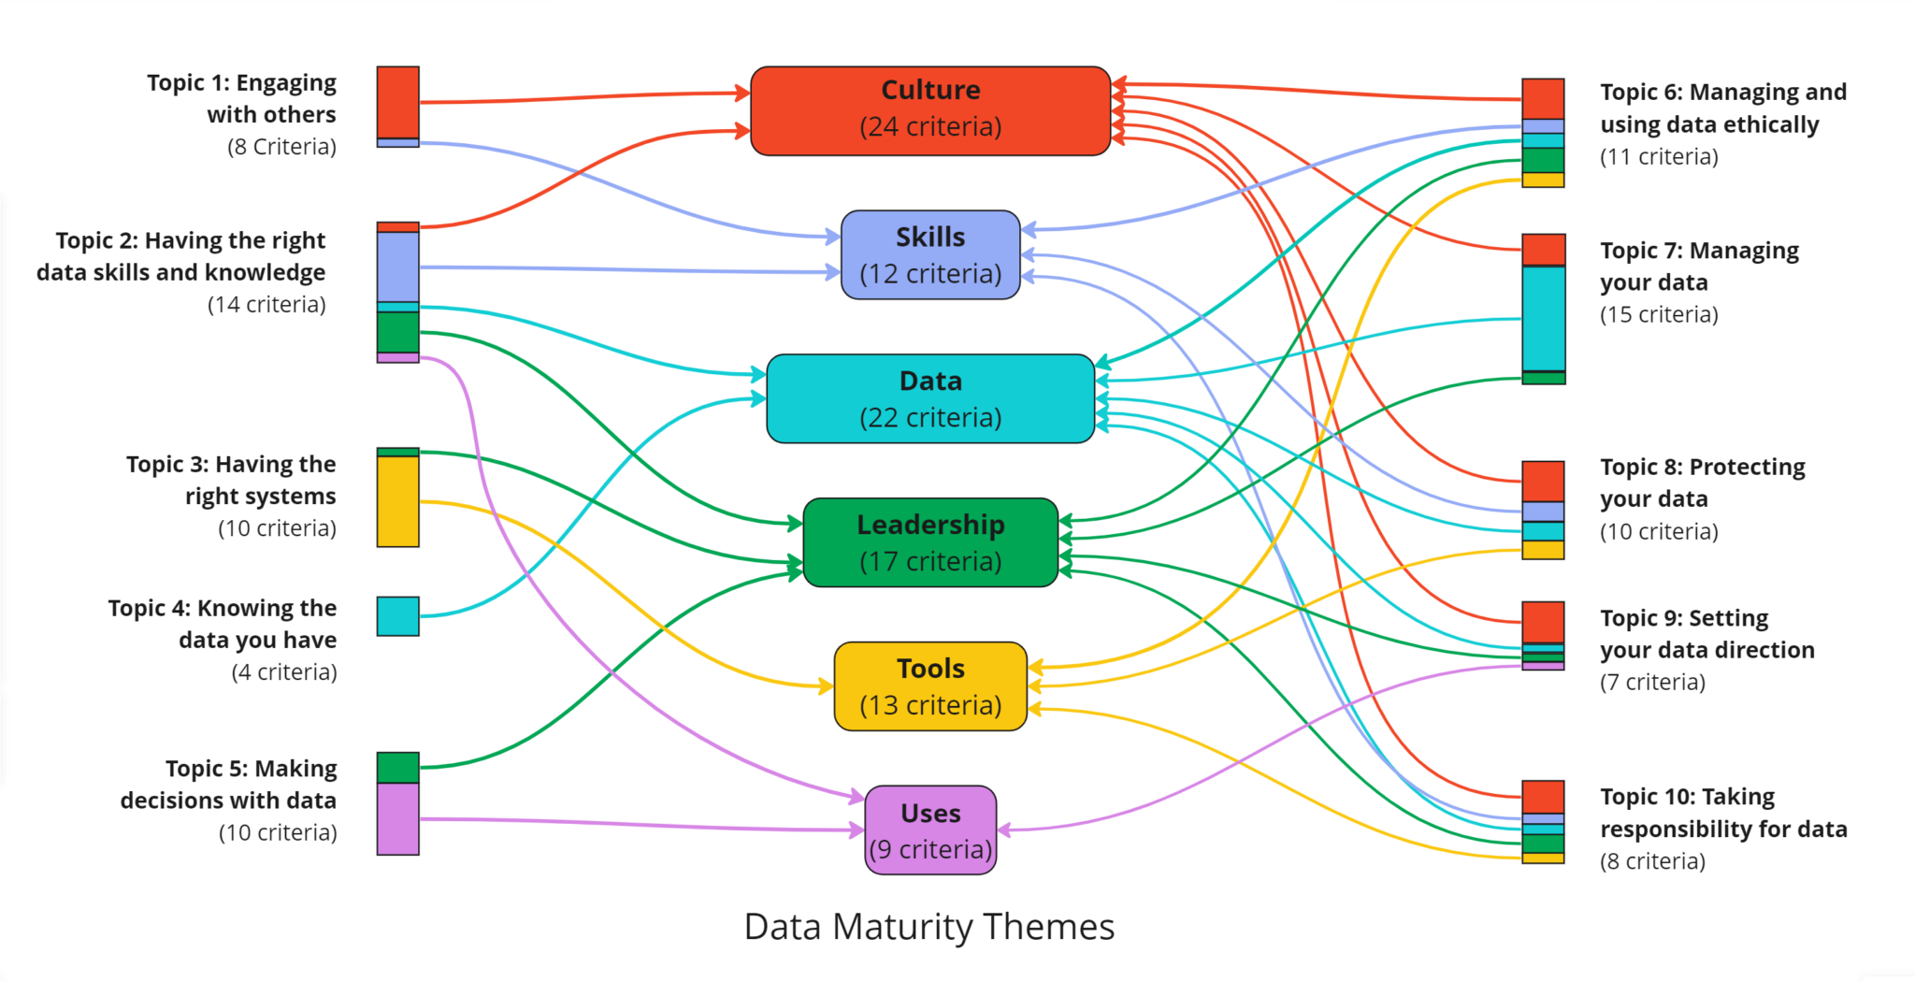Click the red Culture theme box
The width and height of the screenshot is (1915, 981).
point(930,110)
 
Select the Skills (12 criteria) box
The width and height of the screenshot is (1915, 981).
point(930,254)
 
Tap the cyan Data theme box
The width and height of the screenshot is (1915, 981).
point(930,398)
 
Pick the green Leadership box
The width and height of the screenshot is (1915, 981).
point(930,542)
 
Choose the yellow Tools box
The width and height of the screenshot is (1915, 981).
point(930,686)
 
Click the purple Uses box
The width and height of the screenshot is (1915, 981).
point(930,830)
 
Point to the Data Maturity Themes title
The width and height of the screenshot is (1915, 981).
point(929,927)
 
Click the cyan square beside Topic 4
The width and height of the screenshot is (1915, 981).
point(397,616)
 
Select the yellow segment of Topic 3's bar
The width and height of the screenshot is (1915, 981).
point(397,501)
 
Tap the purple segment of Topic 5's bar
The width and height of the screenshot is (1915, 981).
point(397,819)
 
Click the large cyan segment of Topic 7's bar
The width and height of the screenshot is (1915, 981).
point(1543,319)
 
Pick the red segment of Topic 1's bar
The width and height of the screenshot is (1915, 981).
point(397,102)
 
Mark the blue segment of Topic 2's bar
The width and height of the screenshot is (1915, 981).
point(397,267)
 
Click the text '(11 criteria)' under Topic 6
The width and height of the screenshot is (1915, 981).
point(1659,156)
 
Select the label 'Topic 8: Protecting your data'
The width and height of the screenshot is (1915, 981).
point(1702,483)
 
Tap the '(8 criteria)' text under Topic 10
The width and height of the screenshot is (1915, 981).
point(1652,861)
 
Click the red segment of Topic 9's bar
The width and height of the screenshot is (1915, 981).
point(1543,622)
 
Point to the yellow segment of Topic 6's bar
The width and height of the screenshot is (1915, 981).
point(1543,180)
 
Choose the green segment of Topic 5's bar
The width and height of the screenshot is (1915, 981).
point(397,767)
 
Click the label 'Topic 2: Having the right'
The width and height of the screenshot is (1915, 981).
point(190,240)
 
